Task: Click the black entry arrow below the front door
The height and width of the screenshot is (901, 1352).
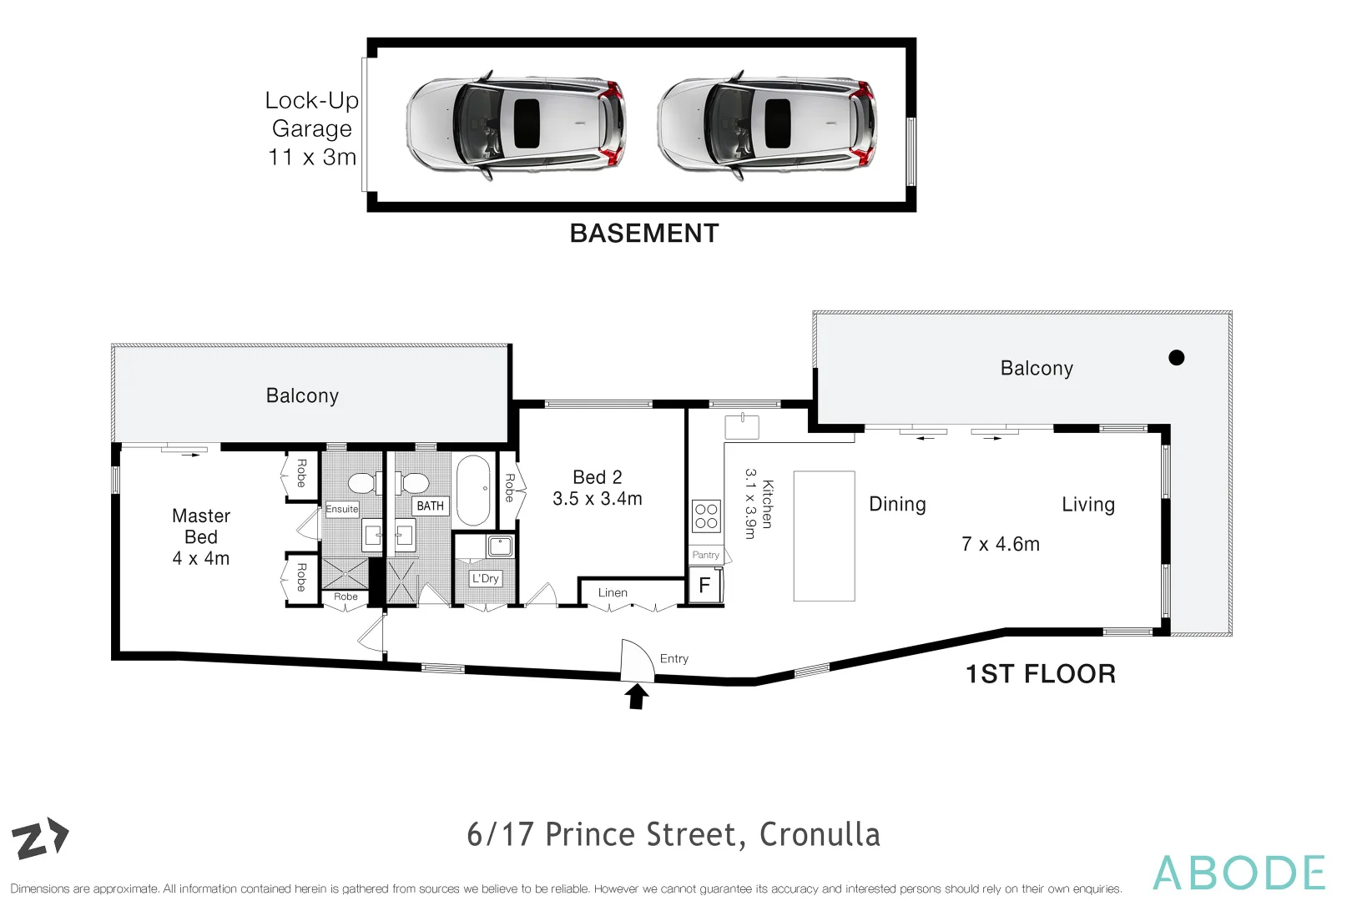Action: (637, 696)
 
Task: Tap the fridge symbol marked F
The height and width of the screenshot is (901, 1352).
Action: (704, 586)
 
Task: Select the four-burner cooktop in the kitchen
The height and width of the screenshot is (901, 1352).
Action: (706, 516)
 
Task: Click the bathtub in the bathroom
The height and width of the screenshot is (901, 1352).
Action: (474, 490)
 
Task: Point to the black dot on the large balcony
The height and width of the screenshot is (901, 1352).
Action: (1177, 358)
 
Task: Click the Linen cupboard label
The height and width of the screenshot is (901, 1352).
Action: (613, 593)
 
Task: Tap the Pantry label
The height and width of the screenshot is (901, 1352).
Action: (705, 555)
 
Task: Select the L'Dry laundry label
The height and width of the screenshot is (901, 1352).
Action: (485, 578)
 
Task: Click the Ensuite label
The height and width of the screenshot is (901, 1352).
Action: (342, 509)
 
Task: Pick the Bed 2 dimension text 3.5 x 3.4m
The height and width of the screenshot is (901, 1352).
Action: (598, 499)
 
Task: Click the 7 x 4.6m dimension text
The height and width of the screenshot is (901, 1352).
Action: (1001, 545)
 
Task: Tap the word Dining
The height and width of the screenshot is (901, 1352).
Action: (897, 505)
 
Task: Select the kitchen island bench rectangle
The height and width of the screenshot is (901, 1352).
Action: (824, 536)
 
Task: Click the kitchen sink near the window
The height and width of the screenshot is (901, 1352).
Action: (741, 426)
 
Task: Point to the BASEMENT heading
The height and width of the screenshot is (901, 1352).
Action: (644, 234)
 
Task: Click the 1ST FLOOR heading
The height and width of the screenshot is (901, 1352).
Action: (1041, 674)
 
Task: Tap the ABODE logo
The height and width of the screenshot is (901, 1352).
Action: (1239, 873)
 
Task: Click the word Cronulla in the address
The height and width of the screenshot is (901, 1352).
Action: (820, 834)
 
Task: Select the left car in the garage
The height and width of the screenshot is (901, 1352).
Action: (515, 124)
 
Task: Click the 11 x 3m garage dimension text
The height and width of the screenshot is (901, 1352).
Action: (312, 157)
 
